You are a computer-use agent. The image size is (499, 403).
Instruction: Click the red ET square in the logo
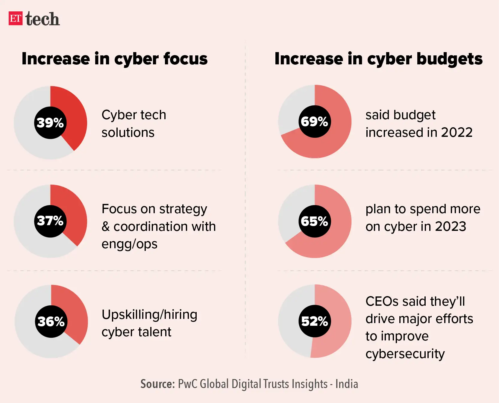point(15,18)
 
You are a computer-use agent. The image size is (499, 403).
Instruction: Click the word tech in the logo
point(43,19)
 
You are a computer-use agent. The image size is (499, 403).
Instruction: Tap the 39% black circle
point(50,123)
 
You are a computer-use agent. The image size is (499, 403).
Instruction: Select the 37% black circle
point(50,221)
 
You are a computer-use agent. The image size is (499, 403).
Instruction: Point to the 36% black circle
point(51,322)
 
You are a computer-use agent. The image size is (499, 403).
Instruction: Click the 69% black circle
point(315,122)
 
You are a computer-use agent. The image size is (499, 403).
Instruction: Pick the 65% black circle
point(315,221)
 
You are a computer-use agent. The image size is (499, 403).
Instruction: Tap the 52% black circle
point(315,321)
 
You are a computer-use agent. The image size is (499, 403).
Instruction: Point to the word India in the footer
point(347,384)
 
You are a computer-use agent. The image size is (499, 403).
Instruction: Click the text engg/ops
point(129,244)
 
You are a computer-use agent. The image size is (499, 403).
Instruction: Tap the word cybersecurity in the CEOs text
point(405,354)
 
